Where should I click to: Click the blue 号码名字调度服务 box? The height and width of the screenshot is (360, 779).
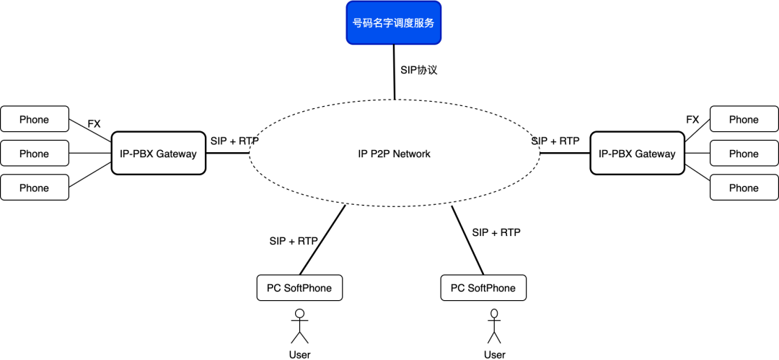click(x=393, y=23)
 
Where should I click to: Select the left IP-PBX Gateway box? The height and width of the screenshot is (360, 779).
click(x=158, y=153)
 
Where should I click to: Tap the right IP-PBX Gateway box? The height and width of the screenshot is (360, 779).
click(x=637, y=153)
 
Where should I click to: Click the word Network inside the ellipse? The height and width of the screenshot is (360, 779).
click(x=412, y=154)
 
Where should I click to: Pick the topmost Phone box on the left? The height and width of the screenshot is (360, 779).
click(x=35, y=119)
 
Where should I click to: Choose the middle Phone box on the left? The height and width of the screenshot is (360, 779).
click(x=35, y=153)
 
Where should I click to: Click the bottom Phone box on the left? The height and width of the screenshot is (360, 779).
click(x=35, y=188)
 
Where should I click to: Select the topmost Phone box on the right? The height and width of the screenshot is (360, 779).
click(x=744, y=119)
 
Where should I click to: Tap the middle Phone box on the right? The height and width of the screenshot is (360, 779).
click(x=744, y=153)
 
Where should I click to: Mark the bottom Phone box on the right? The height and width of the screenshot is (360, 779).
click(x=744, y=188)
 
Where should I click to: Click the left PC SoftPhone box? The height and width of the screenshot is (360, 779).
click(x=299, y=288)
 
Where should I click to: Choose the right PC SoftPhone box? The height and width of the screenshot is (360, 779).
click(x=483, y=288)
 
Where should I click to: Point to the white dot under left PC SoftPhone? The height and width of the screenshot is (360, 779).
click(x=299, y=313)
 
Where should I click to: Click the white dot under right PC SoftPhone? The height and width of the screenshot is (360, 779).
click(x=494, y=313)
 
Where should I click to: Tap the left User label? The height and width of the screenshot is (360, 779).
click(x=299, y=354)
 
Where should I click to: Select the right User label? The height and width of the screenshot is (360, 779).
click(x=494, y=354)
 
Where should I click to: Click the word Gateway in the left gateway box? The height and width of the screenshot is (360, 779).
click(x=177, y=154)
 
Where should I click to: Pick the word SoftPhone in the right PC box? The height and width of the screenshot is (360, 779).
click(x=492, y=288)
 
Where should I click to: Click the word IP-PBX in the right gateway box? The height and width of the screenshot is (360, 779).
click(x=615, y=154)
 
